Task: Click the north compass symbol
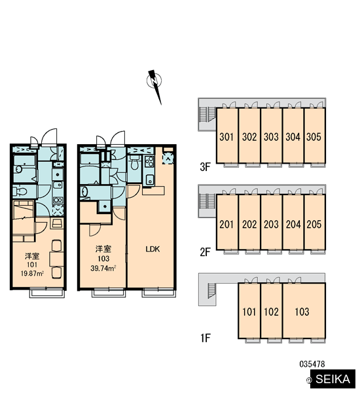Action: [154, 84]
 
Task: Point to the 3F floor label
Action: [205, 167]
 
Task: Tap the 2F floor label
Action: [205, 252]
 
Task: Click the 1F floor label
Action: [205, 338]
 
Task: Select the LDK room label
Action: [153, 249]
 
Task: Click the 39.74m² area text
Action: [103, 269]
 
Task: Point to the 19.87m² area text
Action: [32, 273]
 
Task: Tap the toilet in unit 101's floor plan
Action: [20, 191]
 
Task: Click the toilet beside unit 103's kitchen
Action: [135, 162]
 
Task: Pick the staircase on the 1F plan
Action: [211, 291]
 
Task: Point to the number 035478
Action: [312, 364]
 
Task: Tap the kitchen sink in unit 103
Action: [149, 179]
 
